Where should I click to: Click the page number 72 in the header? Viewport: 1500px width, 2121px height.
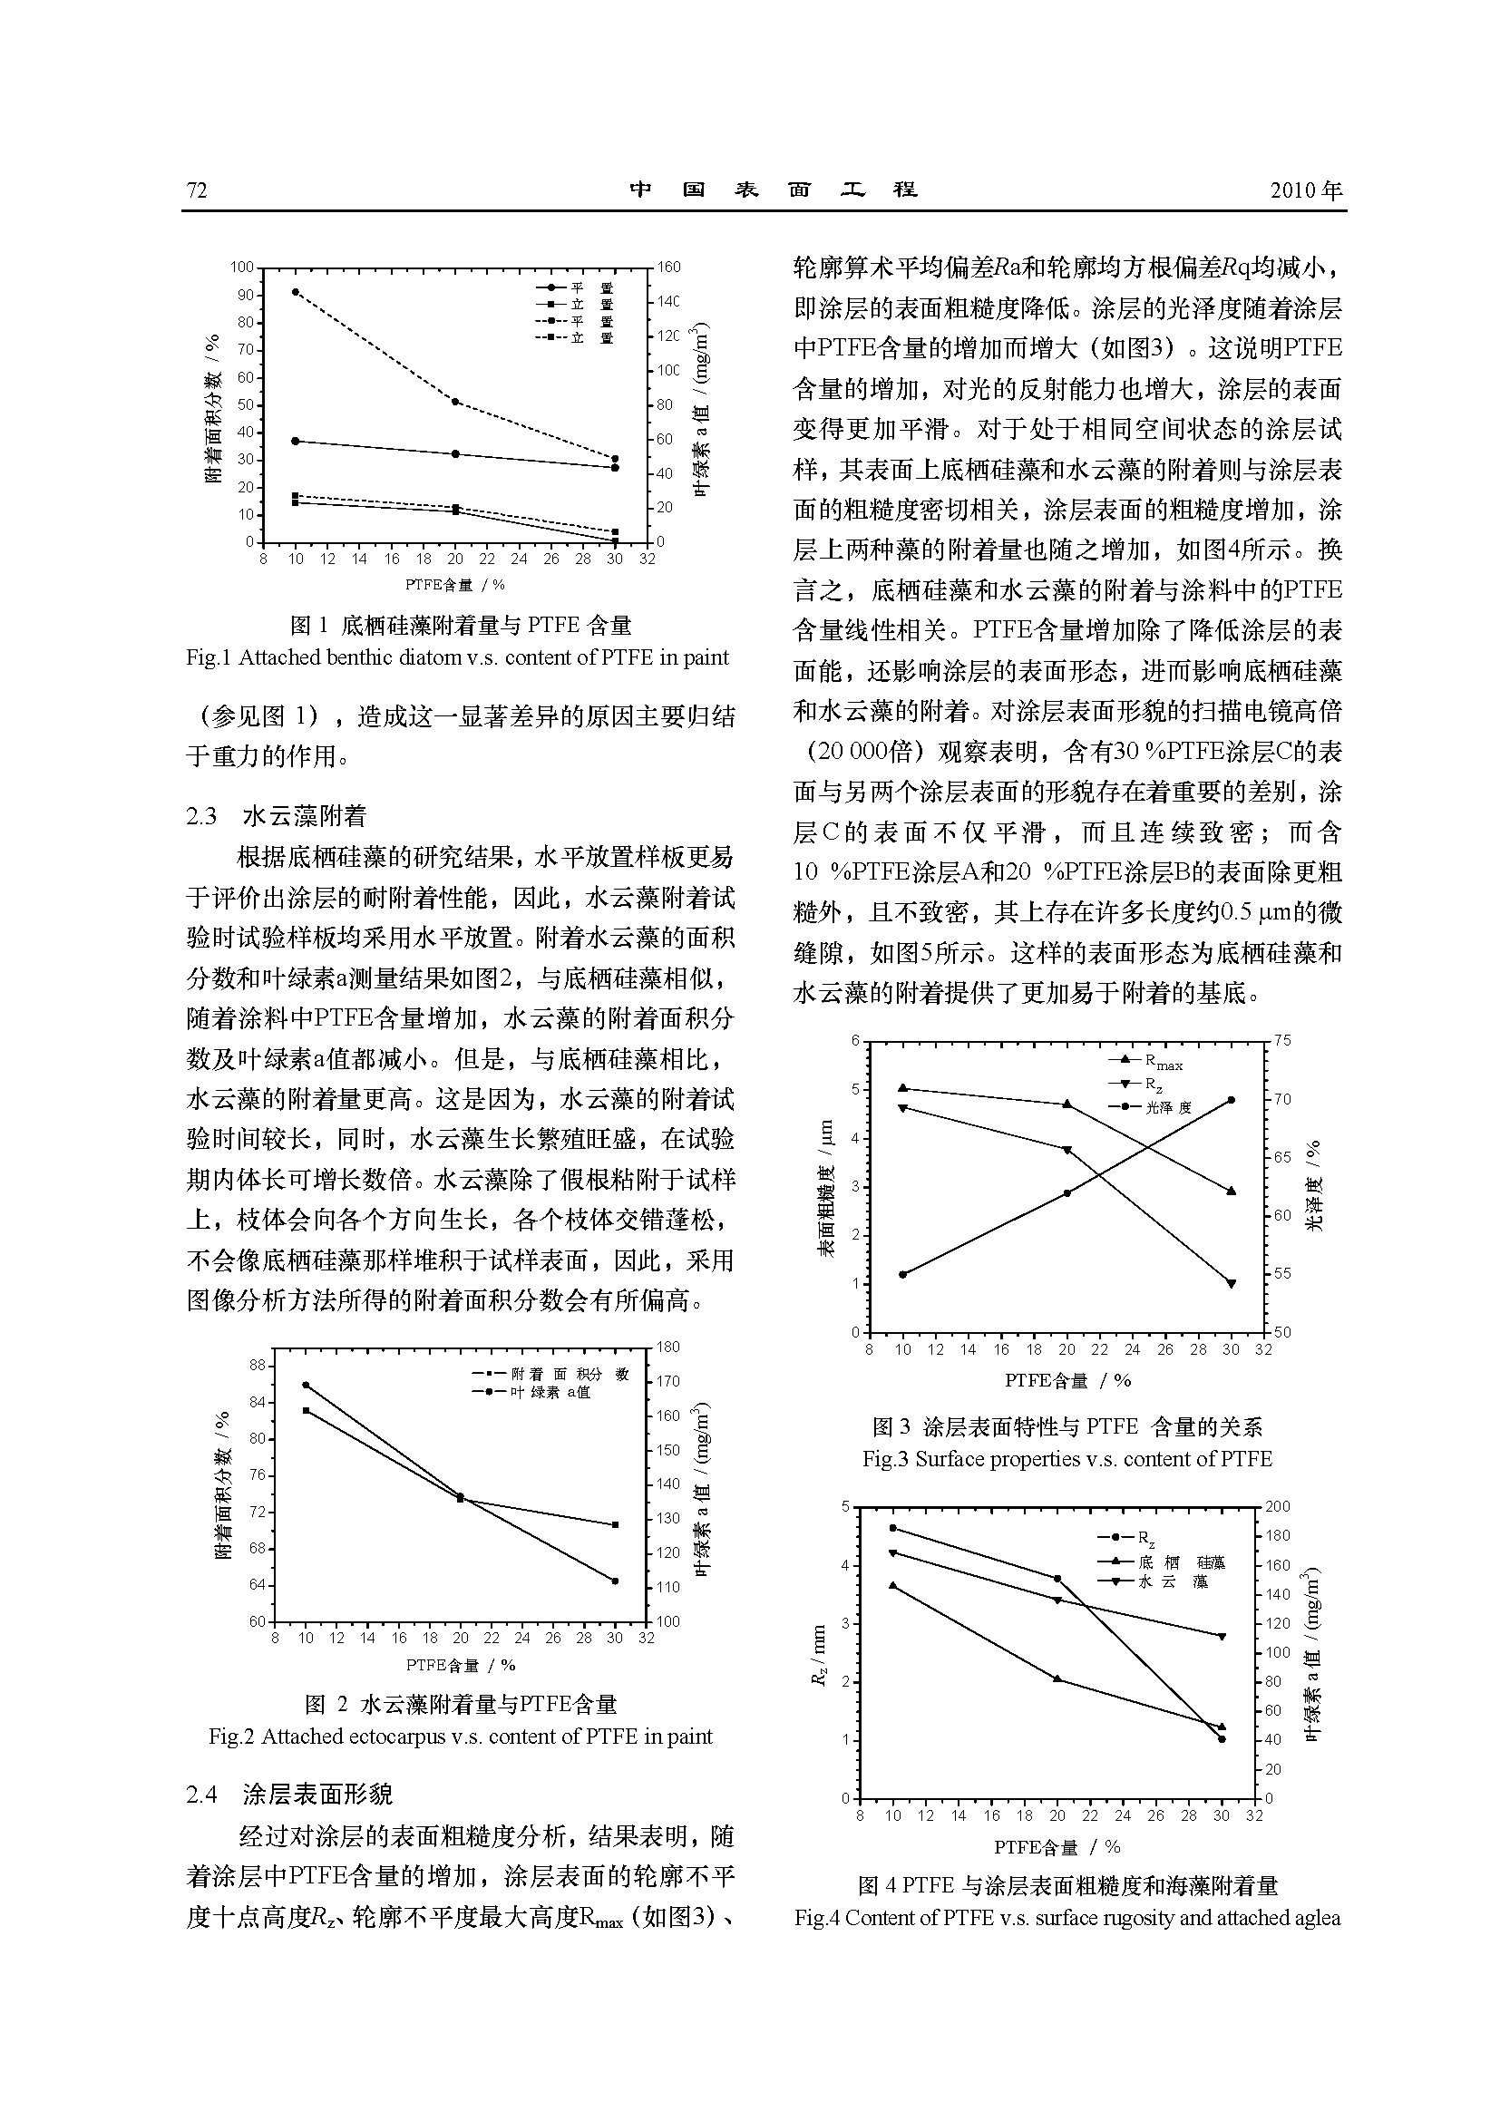click(197, 190)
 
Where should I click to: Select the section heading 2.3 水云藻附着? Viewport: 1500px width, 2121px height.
click(277, 816)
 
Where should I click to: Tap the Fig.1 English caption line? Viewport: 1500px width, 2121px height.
click(457, 657)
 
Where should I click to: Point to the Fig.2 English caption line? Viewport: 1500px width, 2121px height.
click(460, 1737)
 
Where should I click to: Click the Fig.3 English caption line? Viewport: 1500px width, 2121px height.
click(1067, 1459)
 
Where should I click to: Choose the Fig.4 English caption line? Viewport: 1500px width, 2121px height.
click(1067, 1918)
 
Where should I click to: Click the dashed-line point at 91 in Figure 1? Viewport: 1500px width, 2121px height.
click(296, 292)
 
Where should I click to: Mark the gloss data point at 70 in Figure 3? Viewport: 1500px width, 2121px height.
click(1232, 1100)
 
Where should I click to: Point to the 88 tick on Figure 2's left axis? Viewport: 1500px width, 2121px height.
click(257, 1366)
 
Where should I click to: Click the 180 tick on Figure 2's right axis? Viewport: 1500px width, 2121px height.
click(667, 1348)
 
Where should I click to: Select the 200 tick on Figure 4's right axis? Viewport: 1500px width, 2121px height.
click(1279, 1507)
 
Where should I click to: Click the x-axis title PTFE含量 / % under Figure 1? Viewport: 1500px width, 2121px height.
click(454, 585)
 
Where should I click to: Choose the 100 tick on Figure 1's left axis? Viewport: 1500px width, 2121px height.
click(242, 268)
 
